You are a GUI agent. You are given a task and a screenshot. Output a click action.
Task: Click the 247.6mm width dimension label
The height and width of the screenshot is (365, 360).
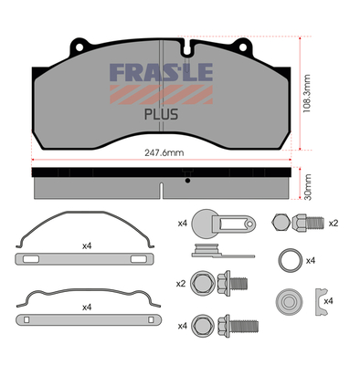pyautogui.click(x=164, y=152)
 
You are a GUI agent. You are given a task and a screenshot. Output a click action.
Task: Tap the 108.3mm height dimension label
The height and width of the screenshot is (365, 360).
pyautogui.click(x=307, y=93)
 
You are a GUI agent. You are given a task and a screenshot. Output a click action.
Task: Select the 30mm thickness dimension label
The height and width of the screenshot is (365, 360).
pyautogui.click(x=308, y=187)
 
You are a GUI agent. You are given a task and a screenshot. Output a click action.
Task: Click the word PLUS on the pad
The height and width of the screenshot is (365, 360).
pyautogui.click(x=161, y=115)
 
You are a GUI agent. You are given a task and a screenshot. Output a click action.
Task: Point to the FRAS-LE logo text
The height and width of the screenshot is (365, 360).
pyautogui.click(x=161, y=72)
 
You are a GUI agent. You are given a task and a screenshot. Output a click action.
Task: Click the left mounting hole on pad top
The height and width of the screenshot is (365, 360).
pyautogui.click(x=79, y=47)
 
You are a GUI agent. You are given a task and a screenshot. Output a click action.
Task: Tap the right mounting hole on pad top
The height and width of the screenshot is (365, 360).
pyautogui.click(x=243, y=47)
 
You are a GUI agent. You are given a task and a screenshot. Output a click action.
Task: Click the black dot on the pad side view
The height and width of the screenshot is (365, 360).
pyautogui.click(x=187, y=181)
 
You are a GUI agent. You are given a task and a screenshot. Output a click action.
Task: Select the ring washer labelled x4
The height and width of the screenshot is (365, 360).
pyautogui.click(x=291, y=261)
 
